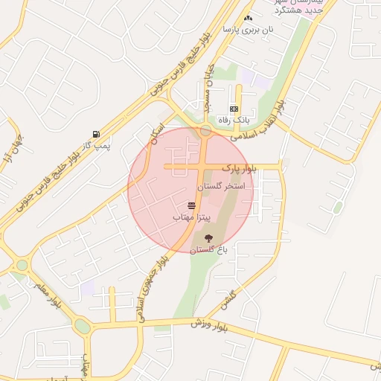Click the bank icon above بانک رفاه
pos(233,109)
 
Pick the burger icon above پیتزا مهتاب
pos(192,204)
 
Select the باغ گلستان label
pos(208,250)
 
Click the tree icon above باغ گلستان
pos(208,238)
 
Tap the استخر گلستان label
pos(226,185)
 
